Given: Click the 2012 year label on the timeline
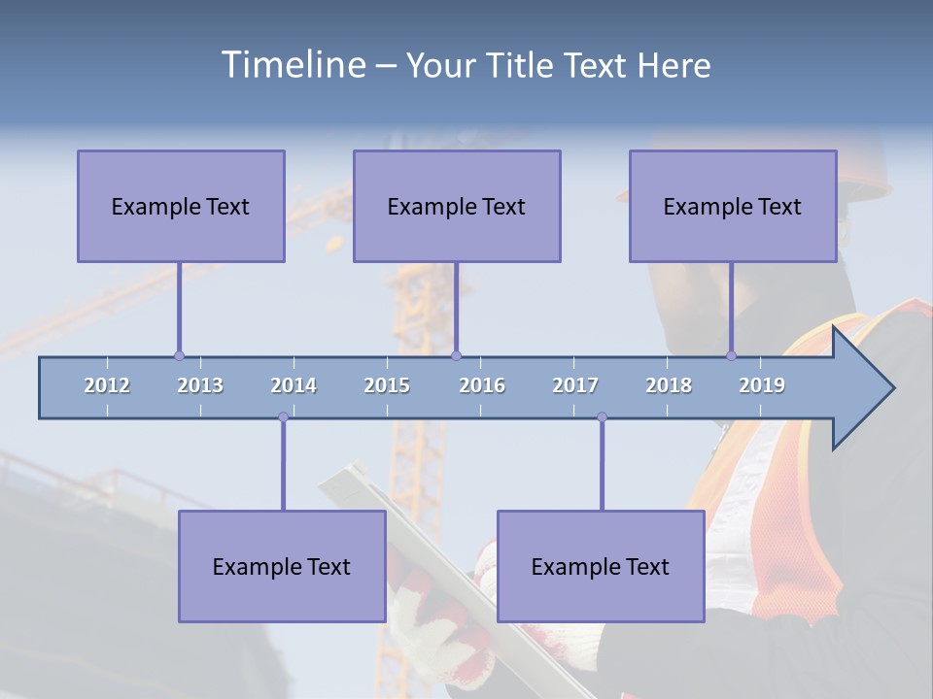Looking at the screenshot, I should (x=107, y=385).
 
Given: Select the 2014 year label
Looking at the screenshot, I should (x=294, y=385).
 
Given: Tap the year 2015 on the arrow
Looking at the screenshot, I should (x=387, y=385).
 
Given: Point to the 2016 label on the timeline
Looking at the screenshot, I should (x=482, y=385).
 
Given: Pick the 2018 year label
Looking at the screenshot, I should (x=669, y=385).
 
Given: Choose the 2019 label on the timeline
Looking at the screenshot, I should (x=762, y=385).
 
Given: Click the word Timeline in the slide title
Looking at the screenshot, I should (x=292, y=65).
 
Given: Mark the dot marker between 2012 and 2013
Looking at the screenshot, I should (x=179, y=356).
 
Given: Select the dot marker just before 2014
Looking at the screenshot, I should (x=283, y=417).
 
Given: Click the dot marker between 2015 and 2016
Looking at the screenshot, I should (x=456, y=356).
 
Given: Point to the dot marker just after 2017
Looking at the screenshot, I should (x=602, y=417).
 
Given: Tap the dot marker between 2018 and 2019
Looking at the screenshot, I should (x=732, y=356).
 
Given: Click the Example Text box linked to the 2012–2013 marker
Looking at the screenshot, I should (x=181, y=206).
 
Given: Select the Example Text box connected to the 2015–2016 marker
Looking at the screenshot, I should (x=457, y=206).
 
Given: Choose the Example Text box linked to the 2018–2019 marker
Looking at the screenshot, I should (x=733, y=206).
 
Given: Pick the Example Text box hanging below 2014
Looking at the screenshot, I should (x=282, y=566).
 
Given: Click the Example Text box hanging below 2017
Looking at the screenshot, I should (x=601, y=566).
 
